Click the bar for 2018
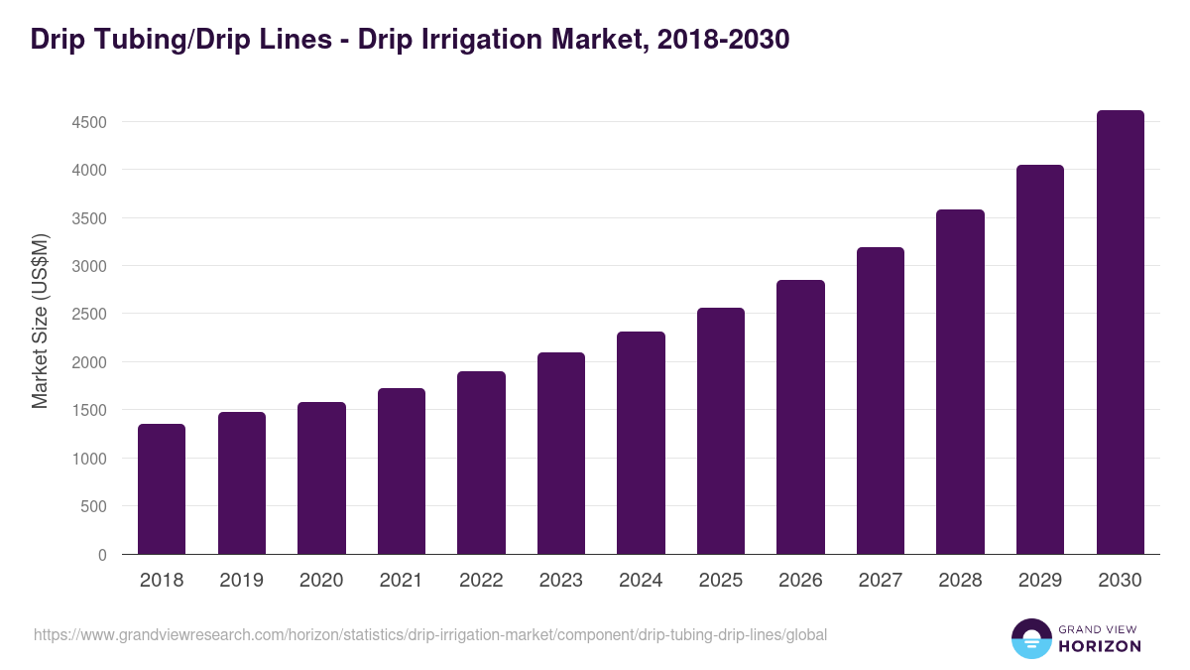coord(162,488)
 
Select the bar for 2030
coord(1120,333)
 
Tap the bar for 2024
coord(641,443)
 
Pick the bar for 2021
coord(402,470)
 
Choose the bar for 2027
coord(881,400)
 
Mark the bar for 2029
coord(1040,359)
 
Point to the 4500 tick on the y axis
coord(87,122)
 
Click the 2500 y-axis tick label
coord(87,314)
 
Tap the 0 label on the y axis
coord(102,555)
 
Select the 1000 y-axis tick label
coord(87,459)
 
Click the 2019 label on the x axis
coord(241,581)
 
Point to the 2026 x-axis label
coord(800,581)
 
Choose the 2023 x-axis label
coord(560,581)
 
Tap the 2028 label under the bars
coord(960,581)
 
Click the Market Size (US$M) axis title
coord(40,321)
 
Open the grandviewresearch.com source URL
coord(429,634)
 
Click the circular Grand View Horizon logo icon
coord(1030,638)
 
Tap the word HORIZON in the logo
coord(1100,646)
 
